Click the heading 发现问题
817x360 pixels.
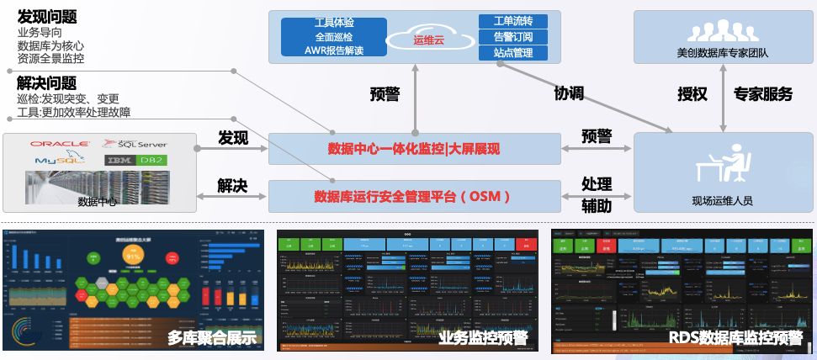point(46,18)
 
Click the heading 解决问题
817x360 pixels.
point(46,83)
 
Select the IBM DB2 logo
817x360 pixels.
point(135,160)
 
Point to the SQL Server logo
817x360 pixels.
point(134,144)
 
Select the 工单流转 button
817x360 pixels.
point(512,21)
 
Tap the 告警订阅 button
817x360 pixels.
point(512,37)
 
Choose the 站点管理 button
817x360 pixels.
point(512,53)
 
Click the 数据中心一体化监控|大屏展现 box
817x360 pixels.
point(414,150)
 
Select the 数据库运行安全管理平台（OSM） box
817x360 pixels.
point(414,196)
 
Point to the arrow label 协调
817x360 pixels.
point(569,93)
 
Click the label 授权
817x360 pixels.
point(692,93)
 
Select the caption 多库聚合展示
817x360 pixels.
point(210,339)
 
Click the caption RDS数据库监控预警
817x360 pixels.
point(736,339)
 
